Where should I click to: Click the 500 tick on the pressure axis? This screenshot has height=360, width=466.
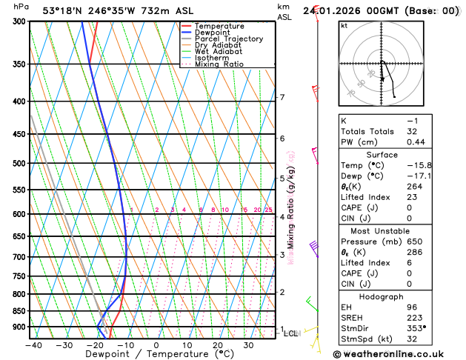click(x=19, y=163)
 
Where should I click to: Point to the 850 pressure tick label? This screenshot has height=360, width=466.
click(x=19, y=311)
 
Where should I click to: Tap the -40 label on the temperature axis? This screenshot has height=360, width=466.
click(x=33, y=344)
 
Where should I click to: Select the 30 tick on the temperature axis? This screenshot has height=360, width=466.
click(x=250, y=344)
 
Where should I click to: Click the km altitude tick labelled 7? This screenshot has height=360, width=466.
click(x=282, y=97)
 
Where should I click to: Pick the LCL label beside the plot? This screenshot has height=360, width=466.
click(x=291, y=333)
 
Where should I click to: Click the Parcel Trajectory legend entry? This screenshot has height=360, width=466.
click(x=228, y=39)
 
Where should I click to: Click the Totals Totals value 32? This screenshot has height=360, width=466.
click(x=412, y=131)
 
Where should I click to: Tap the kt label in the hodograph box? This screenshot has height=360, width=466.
click(x=344, y=25)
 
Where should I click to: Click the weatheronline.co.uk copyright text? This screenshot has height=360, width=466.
click(x=399, y=353)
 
